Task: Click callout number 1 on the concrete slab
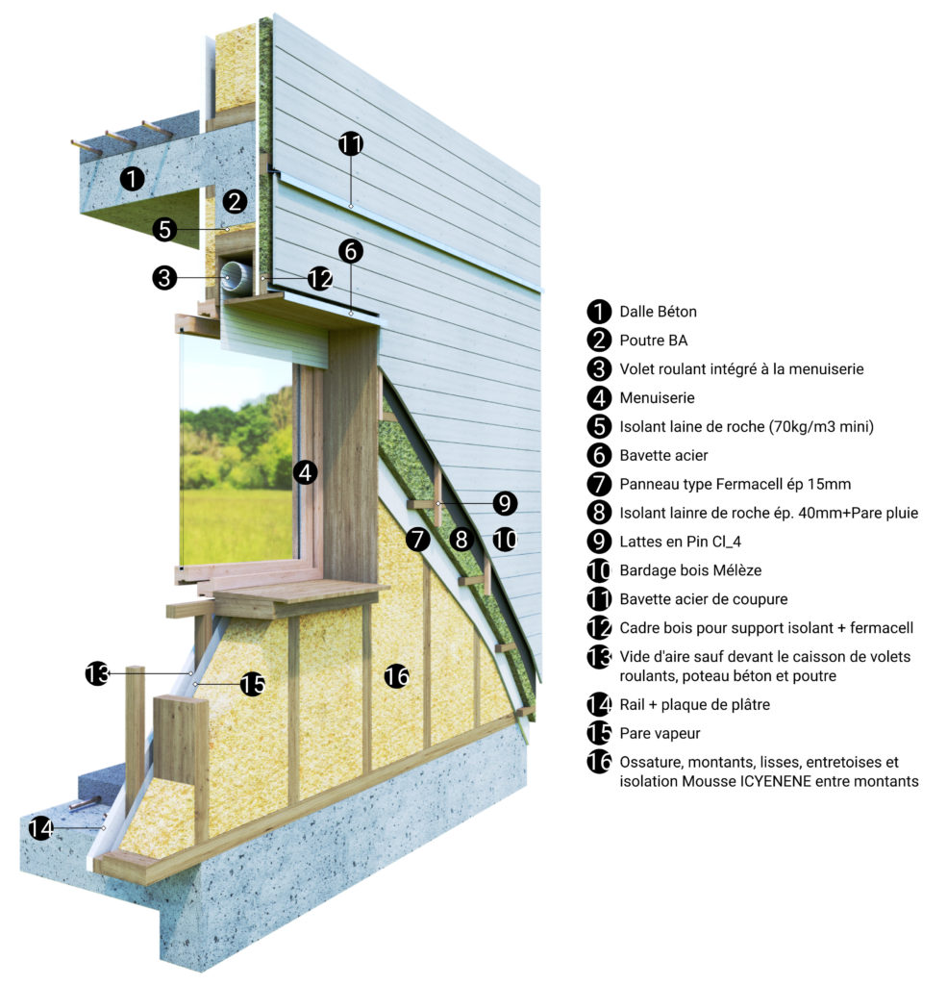click(132, 179)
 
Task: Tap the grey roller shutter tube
click(236, 276)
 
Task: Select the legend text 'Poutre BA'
click(653, 341)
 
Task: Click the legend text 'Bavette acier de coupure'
click(704, 599)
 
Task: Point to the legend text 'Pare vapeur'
click(660, 734)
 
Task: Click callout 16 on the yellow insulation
click(397, 676)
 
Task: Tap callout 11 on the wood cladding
click(351, 144)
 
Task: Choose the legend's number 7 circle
click(599, 485)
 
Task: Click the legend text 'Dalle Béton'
click(659, 312)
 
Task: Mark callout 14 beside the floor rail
click(40, 828)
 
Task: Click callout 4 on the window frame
click(305, 471)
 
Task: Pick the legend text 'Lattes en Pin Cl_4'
click(680, 542)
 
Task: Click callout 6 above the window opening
click(350, 251)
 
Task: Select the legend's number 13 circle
click(599, 657)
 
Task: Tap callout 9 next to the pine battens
click(505, 503)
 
